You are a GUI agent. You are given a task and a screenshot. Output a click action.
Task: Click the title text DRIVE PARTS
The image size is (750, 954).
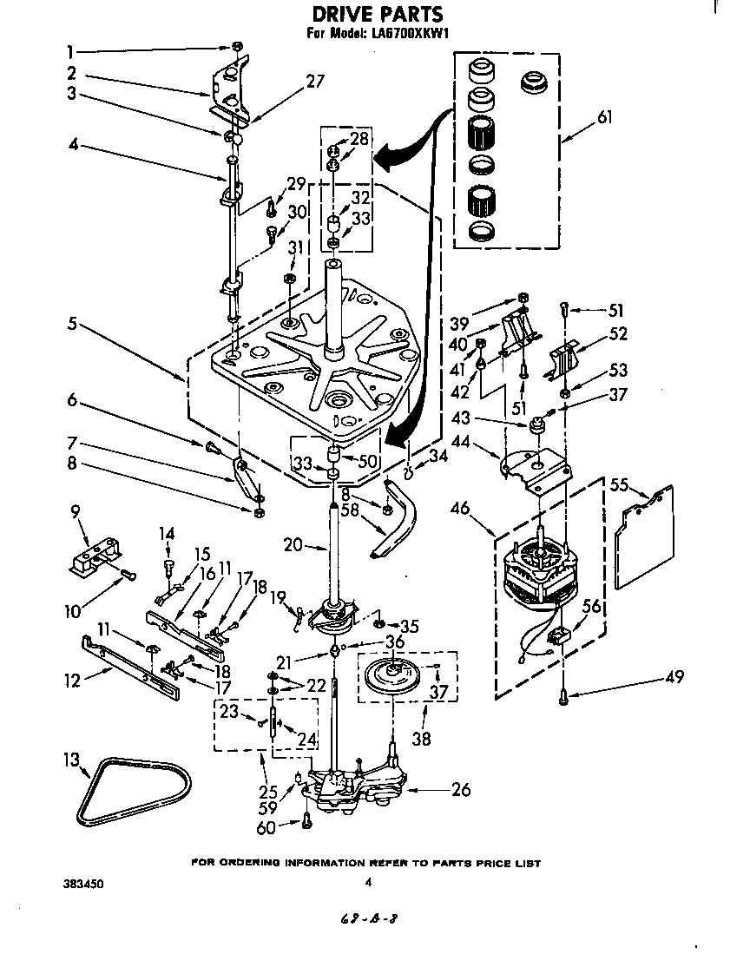[x=377, y=15]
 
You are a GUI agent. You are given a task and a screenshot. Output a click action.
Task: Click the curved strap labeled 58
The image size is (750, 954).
[x=397, y=524]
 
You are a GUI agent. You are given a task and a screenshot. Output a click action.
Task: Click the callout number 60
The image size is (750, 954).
[x=266, y=827]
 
